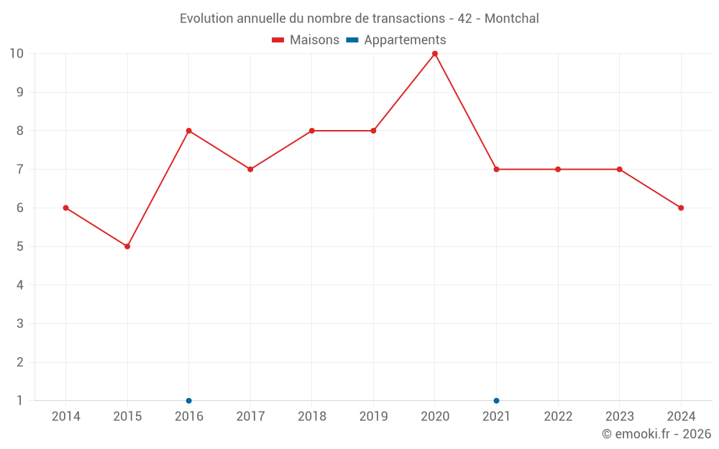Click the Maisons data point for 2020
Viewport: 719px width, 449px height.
pos(435,54)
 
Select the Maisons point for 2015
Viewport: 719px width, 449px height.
pos(127,246)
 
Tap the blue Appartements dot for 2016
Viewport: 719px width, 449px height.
pos(189,401)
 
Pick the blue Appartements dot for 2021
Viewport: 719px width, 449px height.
pos(496,401)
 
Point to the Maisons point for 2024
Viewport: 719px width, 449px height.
pos(681,208)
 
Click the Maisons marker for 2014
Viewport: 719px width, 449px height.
pos(66,208)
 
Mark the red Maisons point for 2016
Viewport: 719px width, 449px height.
pos(189,131)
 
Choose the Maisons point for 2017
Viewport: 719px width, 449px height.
pos(250,170)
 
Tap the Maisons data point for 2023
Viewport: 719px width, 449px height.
pos(619,170)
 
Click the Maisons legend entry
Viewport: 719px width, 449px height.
pos(306,40)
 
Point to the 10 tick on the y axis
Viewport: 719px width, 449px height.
pos(17,54)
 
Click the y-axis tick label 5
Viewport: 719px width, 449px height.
pos(20,246)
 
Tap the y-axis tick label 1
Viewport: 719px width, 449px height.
pos(20,401)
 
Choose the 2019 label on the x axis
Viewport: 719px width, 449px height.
pos(373,417)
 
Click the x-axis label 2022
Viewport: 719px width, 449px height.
pos(558,417)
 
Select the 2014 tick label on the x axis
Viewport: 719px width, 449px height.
pos(66,417)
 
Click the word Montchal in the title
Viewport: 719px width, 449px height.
pos(511,19)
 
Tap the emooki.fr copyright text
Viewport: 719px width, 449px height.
pos(656,434)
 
